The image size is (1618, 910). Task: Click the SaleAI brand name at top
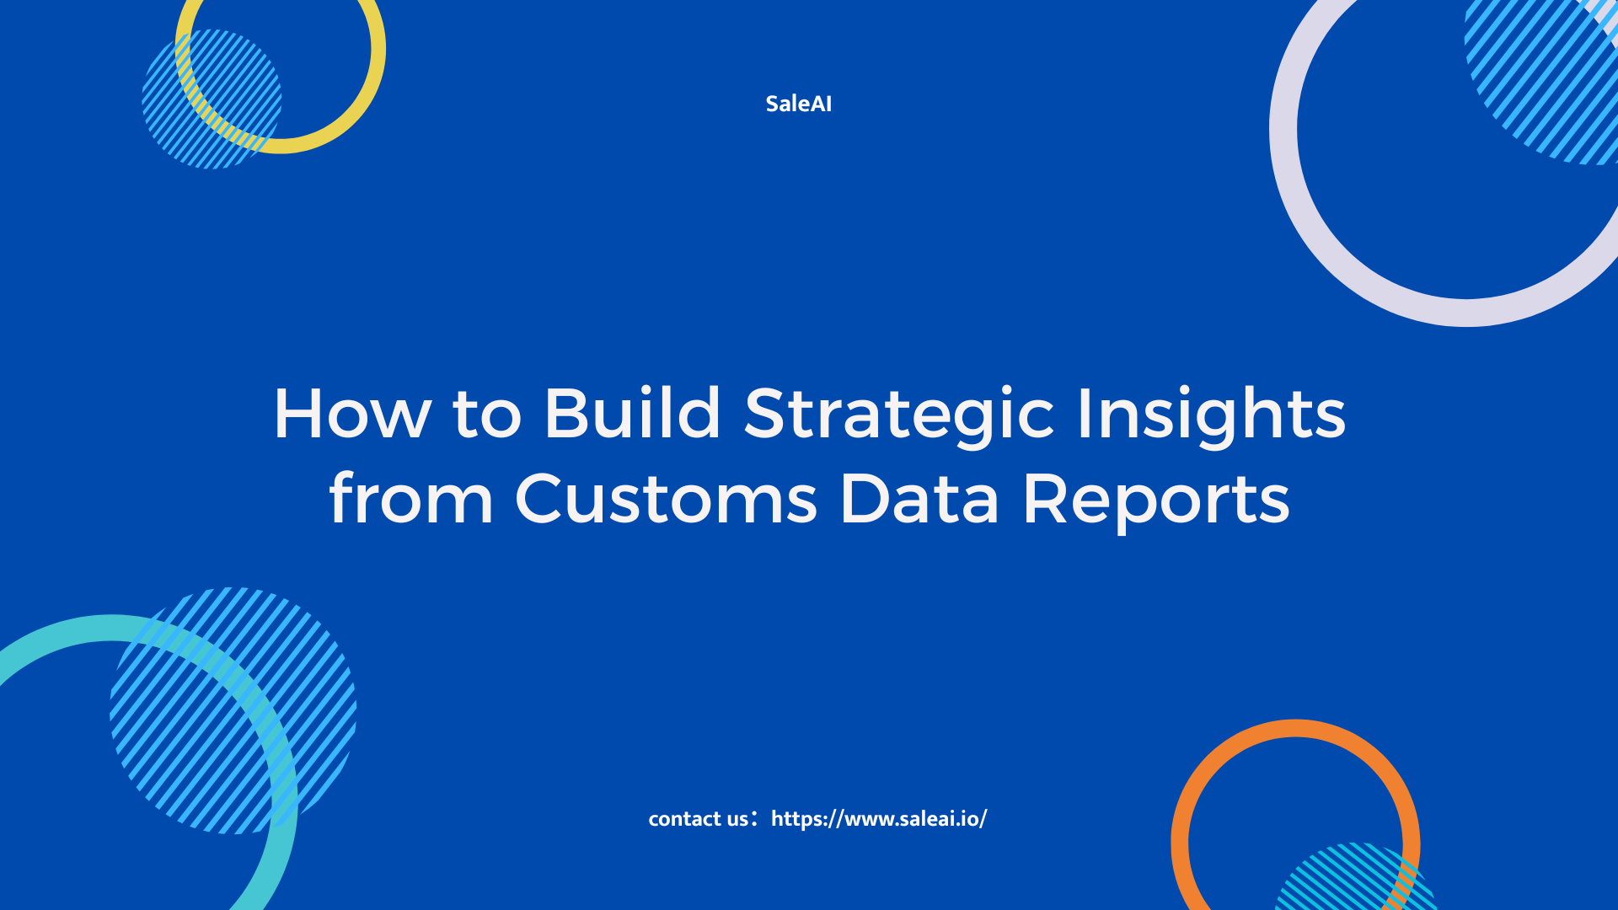click(798, 104)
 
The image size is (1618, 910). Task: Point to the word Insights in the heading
click(1212, 415)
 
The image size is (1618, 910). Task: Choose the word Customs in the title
click(666, 499)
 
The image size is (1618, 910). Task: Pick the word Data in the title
click(919, 499)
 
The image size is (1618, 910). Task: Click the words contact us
click(698, 818)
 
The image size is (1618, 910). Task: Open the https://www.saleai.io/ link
click(879, 819)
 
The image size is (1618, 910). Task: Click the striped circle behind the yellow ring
click(212, 99)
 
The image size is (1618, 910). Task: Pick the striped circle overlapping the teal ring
click(233, 710)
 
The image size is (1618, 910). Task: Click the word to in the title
click(487, 415)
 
